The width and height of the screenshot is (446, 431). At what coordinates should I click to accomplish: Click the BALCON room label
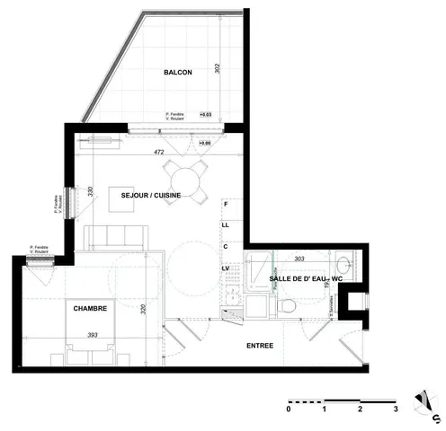pyautogui.click(x=177, y=73)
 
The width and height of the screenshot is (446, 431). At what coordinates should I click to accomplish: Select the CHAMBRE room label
pyautogui.click(x=90, y=308)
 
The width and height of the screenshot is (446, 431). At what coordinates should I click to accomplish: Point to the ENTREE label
pyautogui.click(x=260, y=345)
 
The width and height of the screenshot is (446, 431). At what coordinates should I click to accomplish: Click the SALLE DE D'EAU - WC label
pyautogui.click(x=307, y=280)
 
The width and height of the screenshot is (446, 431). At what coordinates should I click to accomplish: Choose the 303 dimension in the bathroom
pyautogui.click(x=299, y=259)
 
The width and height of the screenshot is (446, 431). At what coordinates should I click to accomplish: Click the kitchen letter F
pyautogui.click(x=227, y=206)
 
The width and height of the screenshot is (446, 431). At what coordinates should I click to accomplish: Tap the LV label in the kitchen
pyautogui.click(x=226, y=267)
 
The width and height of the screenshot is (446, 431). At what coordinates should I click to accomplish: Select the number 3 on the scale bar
pyautogui.click(x=395, y=409)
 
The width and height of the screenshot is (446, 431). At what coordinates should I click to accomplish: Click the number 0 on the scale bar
pyautogui.click(x=289, y=409)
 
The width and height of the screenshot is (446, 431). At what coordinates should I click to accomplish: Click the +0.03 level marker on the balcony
pyautogui.click(x=205, y=115)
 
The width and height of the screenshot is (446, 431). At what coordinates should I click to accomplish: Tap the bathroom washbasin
pyautogui.click(x=344, y=266)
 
